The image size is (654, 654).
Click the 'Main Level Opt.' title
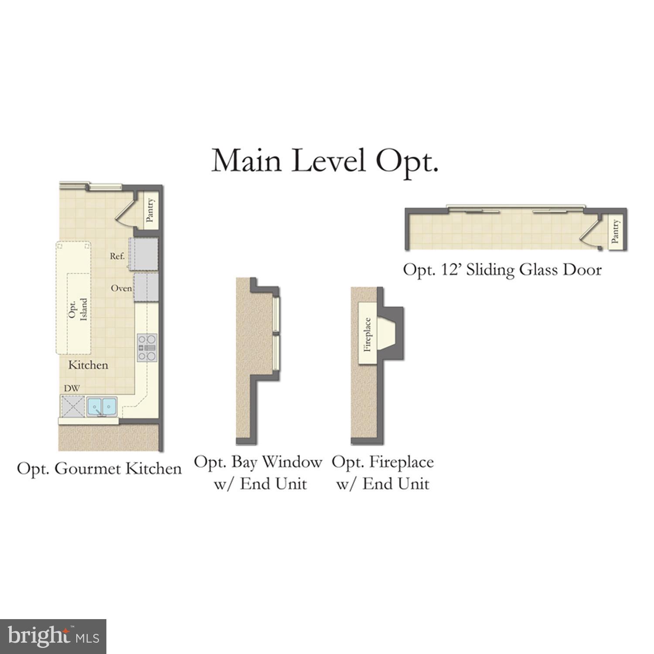[x=324, y=161]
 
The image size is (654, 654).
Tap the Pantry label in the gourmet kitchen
[x=150, y=211]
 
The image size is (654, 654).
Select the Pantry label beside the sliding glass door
[x=615, y=231]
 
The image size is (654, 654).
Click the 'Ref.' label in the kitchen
[x=117, y=256]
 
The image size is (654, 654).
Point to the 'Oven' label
[x=121, y=288]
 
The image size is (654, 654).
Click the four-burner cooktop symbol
[x=147, y=347]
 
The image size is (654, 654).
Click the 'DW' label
[x=72, y=388]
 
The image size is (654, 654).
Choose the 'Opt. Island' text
[x=78, y=309]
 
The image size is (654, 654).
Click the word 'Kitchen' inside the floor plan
[x=88, y=365]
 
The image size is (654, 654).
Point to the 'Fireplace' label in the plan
[x=368, y=334]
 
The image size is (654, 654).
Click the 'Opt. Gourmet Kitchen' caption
[x=99, y=469]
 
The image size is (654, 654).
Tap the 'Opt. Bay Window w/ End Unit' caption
[x=258, y=472]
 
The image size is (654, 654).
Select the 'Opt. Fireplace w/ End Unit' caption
[x=383, y=472]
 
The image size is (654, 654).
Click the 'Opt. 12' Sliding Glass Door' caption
[x=502, y=270]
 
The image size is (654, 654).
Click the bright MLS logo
[x=53, y=637]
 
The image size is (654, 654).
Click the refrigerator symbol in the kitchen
[x=143, y=254]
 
